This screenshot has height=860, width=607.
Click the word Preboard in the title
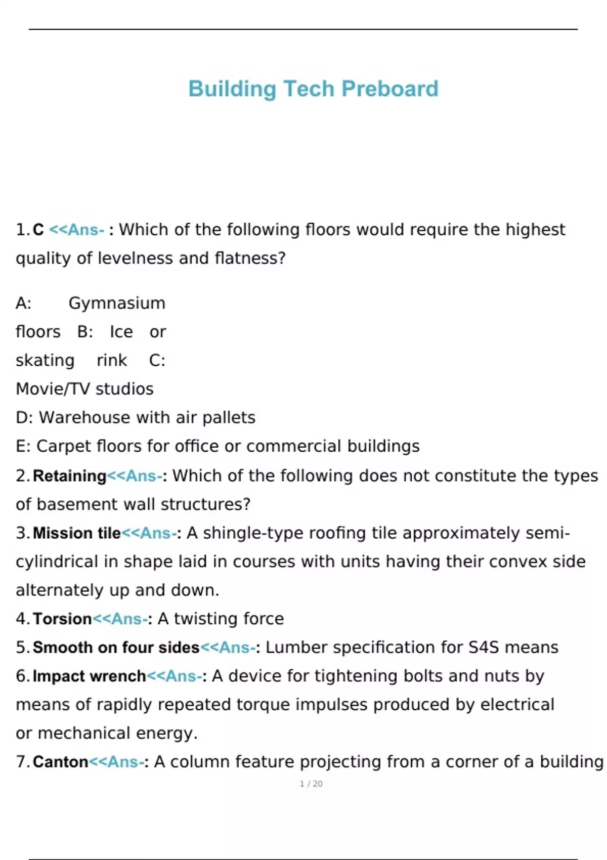(x=389, y=89)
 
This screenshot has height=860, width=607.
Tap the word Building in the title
(x=232, y=89)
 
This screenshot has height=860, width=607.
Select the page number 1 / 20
(x=311, y=784)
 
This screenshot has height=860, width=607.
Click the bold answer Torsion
(x=62, y=619)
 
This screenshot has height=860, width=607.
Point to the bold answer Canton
(x=61, y=762)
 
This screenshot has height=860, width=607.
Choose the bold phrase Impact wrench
(x=89, y=676)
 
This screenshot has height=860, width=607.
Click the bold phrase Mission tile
(x=77, y=533)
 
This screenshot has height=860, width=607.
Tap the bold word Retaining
(x=69, y=476)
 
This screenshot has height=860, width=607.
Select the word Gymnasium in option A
(x=117, y=303)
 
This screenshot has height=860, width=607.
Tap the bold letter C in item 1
(x=38, y=230)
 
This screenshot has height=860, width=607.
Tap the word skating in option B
(x=45, y=361)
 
